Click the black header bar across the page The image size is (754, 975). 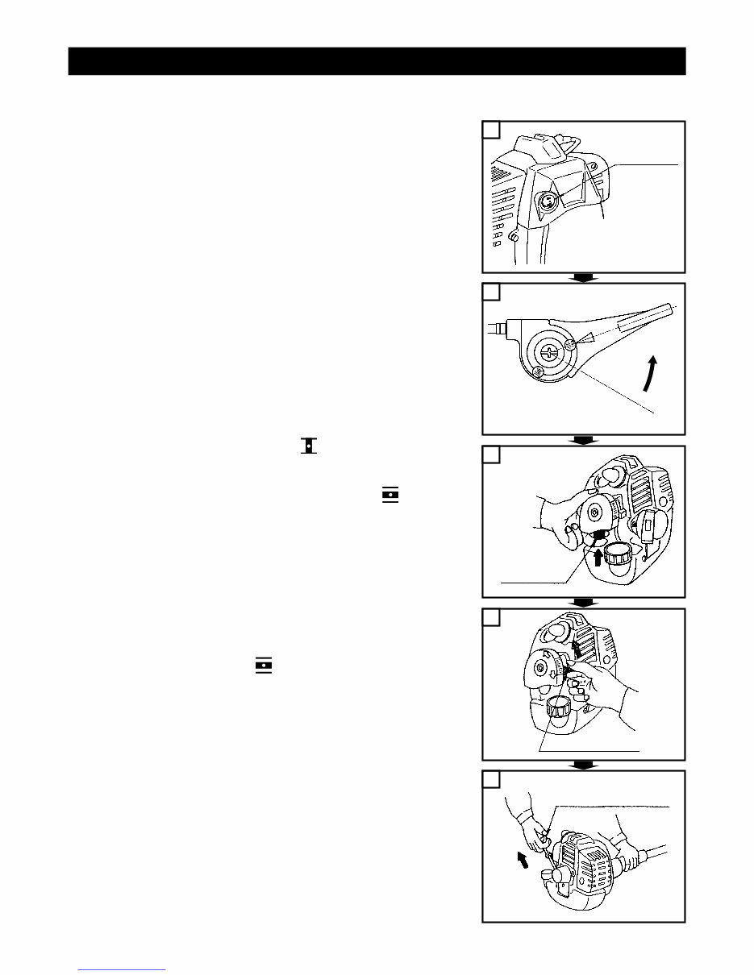(377, 61)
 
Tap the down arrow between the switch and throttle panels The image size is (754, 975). (583, 278)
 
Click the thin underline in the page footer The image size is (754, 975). (122, 969)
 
